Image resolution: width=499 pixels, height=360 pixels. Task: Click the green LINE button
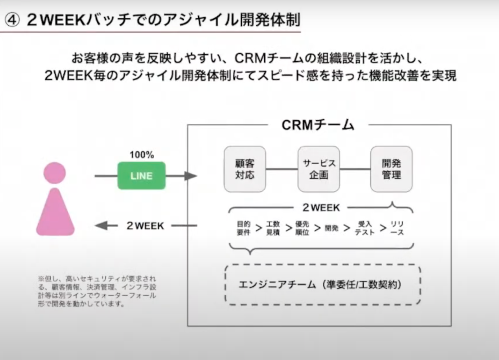click(141, 176)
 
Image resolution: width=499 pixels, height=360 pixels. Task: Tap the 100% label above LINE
click(141, 155)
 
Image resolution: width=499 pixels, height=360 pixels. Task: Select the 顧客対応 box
click(245, 169)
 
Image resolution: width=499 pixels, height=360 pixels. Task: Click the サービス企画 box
click(319, 169)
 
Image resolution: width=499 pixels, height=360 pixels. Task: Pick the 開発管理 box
click(391, 169)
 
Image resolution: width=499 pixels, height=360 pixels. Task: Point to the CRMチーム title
click(318, 125)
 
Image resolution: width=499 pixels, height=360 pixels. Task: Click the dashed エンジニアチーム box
click(323, 284)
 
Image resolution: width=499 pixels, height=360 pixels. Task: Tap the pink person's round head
click(55, 173)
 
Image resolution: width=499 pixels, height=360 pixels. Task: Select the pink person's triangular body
click(55, 214)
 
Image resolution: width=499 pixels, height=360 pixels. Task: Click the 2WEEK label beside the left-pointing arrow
click(145, 226)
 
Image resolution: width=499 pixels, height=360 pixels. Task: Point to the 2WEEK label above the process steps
click(321, 208)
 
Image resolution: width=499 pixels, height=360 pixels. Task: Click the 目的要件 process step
click(244, 228)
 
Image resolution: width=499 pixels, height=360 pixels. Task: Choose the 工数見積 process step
click(273, 228)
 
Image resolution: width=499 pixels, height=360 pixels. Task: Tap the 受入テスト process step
click(365, 228)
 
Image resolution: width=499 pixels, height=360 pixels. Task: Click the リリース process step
click(397, 228)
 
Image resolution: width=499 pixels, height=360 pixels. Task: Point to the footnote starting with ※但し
click(97, 291)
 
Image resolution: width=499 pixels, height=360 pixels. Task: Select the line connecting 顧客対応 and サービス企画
click(282, 169)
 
